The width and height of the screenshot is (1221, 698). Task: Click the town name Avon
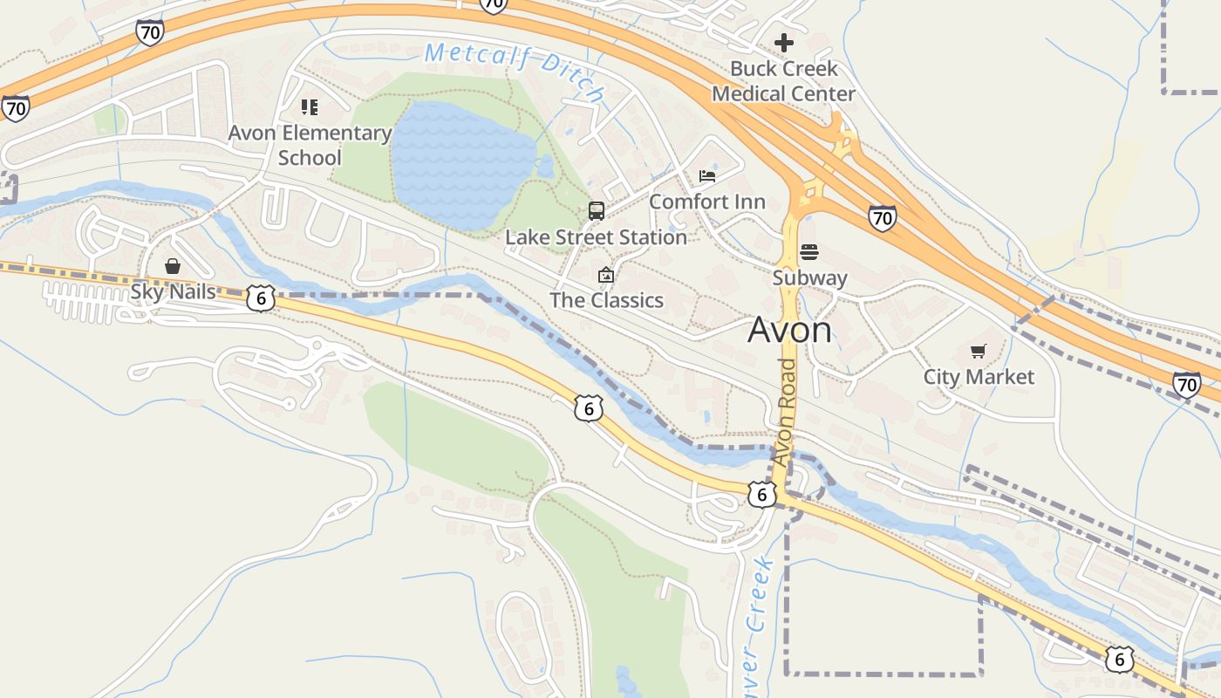[789, 330]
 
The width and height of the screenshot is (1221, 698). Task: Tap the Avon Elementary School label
[310, 145]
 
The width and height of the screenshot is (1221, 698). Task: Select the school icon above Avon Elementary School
[310, 107]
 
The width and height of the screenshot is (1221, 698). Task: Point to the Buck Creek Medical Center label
[783, 80]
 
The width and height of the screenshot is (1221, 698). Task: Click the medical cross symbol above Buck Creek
[784, 42]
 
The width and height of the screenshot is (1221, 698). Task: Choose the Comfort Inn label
[707, 202]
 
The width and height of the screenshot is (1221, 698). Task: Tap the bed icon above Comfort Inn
[707, 175]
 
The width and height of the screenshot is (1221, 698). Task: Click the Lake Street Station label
[597, 237]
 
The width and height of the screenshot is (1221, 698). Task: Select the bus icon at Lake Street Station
[597, 210]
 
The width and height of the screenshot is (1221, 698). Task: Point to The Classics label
[606, 300]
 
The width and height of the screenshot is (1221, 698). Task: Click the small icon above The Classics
[606, 276]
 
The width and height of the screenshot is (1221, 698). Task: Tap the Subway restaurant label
[809, 277]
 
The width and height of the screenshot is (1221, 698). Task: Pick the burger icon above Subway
[809, 252]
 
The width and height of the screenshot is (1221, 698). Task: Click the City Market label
[979, 377]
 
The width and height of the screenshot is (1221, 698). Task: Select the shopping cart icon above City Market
[979, 352]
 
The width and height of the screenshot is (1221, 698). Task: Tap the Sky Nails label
[173, 291]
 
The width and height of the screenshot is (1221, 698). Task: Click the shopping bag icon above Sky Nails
[173, 266]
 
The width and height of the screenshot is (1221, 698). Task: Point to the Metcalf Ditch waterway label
[515, 70]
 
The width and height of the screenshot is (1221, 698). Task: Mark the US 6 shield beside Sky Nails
[260, 298]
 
